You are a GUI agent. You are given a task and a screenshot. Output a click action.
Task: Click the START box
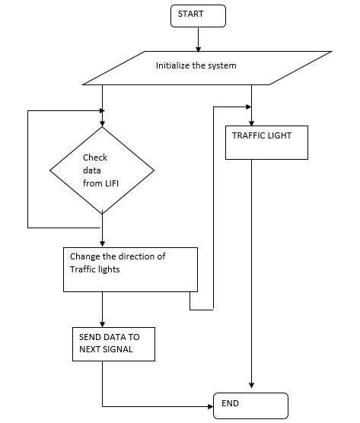coord(198,14)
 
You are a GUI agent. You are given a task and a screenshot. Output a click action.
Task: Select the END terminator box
coord(250,405)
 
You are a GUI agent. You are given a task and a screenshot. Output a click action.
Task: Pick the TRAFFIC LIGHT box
coord(266,142)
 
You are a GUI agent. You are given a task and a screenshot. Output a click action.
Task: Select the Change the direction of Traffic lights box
coord(129,269)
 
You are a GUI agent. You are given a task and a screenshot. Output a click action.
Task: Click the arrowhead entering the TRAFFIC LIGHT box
coord(250,121)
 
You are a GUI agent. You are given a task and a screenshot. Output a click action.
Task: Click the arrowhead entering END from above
coord(250,388)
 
